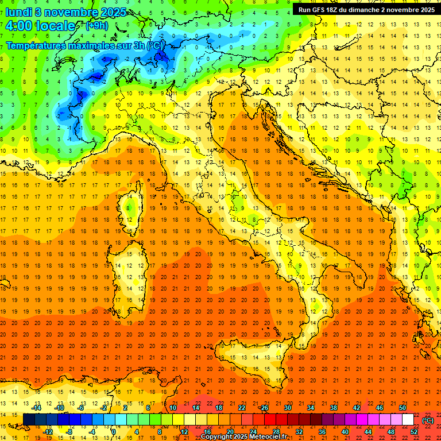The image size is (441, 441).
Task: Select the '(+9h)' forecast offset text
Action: (x=96, y=26)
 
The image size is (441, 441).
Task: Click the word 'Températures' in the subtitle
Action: (x=36, y=45)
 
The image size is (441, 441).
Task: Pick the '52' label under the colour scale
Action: (x=414, y=431)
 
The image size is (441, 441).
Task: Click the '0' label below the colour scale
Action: (x=114, y=431)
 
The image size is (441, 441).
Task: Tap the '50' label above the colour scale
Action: (x=403, y=408)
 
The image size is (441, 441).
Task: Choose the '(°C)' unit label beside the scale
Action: (x=428, y=420)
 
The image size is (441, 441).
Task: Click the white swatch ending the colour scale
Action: (x=408, y=420)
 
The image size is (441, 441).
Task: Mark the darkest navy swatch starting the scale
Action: (x=29, y=420)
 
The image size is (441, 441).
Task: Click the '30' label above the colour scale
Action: (x=287, y=408)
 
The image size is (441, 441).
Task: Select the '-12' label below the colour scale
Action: (x=48, y=431)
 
